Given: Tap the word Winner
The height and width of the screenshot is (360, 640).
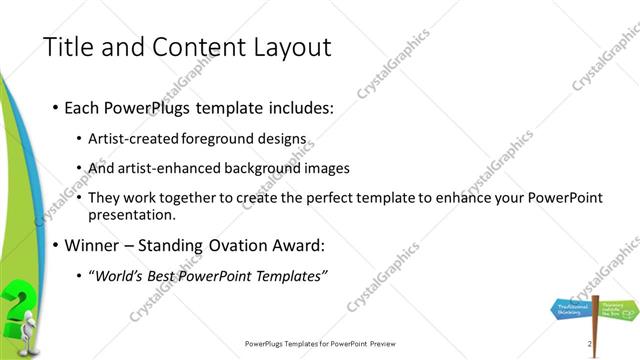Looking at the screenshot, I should [x=94, y=245].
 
